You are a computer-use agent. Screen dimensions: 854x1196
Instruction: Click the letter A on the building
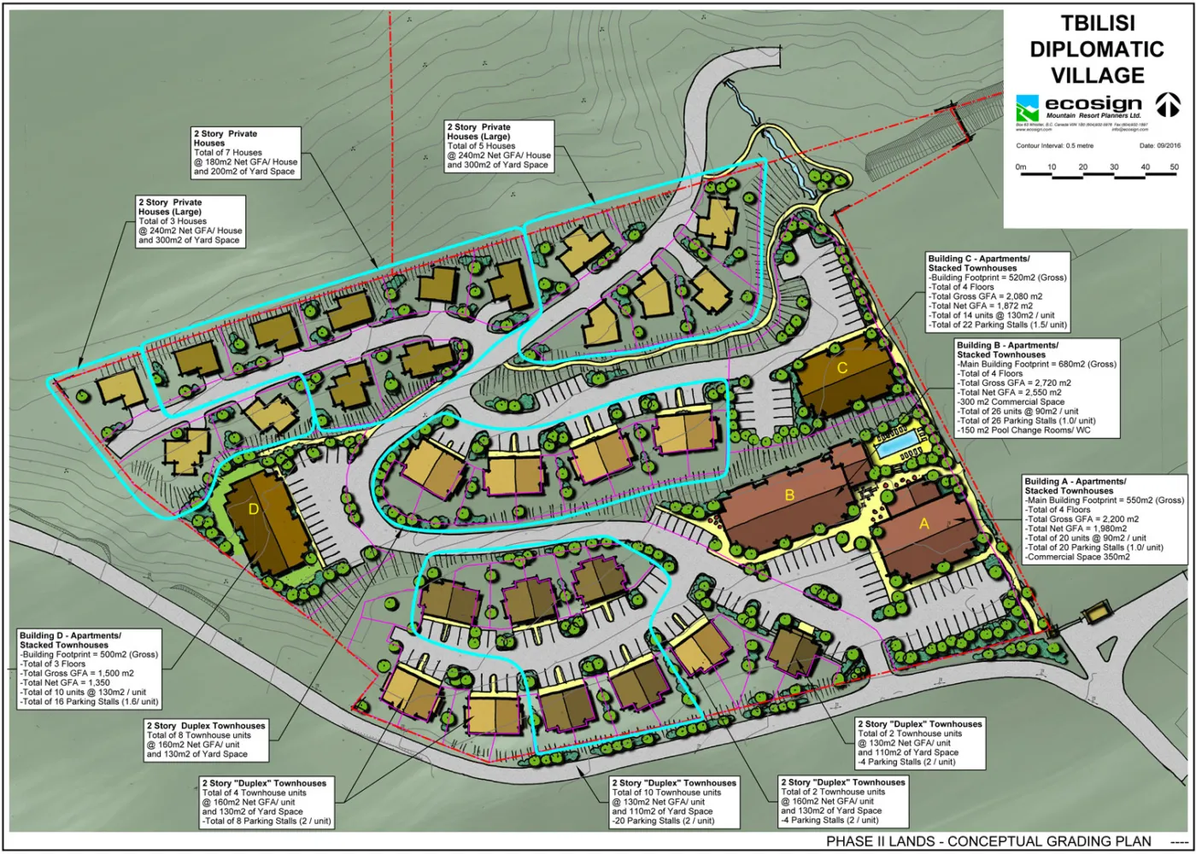tap(923, 524)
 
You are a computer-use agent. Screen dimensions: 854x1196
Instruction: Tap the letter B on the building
tap(789, 494)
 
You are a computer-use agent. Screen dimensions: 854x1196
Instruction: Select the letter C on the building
tap(841, 368)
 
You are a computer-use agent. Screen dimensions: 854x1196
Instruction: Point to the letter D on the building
tap(253, 509)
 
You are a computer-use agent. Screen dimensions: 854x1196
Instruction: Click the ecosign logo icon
tap(1027, 109)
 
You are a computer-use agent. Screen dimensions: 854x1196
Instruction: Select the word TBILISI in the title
tap(1098, 23)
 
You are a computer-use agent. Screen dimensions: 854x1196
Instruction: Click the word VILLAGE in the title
tap(1098, 75)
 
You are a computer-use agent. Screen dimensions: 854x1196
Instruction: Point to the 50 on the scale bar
tap(1174, 167)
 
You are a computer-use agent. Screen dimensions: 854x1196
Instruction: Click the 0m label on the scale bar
tap(1021, 167)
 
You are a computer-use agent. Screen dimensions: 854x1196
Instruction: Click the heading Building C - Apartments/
tap(979, 259)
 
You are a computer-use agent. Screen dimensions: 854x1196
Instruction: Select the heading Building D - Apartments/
tap(70, 636)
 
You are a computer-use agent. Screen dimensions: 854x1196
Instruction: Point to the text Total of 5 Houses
tap(481, 146)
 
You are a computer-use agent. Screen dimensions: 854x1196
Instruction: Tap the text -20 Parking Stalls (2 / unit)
tap(663, 821)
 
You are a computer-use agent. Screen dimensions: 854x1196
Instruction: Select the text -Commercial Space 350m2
tap(1077, 557)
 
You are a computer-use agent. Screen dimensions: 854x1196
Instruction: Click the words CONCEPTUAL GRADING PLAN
tap(1049, 841)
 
